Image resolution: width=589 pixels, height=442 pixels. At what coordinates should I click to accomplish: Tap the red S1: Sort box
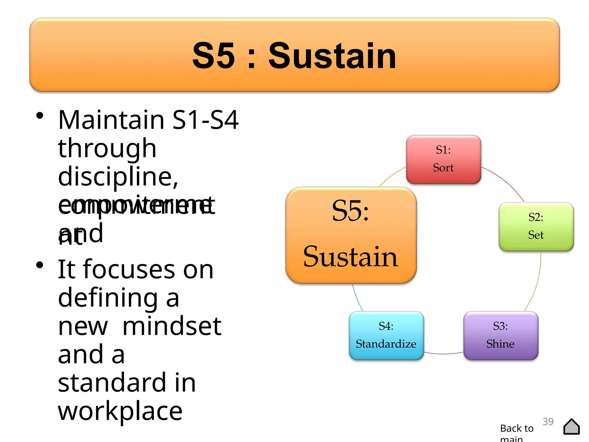443,159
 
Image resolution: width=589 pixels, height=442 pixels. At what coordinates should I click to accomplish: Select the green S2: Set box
536,226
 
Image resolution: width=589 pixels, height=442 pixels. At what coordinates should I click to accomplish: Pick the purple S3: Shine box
500,335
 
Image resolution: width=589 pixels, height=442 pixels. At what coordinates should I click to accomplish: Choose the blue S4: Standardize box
386,335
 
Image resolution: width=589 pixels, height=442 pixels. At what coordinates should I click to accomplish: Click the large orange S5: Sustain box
351,235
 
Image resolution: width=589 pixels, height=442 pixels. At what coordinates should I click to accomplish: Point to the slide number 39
548,422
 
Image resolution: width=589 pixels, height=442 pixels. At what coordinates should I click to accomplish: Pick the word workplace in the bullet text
120,411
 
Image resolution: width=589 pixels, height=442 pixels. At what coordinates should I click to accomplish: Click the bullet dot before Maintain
40,116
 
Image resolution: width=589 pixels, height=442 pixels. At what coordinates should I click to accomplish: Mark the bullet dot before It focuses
40,265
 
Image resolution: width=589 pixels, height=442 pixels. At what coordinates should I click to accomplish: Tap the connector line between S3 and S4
443,354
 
